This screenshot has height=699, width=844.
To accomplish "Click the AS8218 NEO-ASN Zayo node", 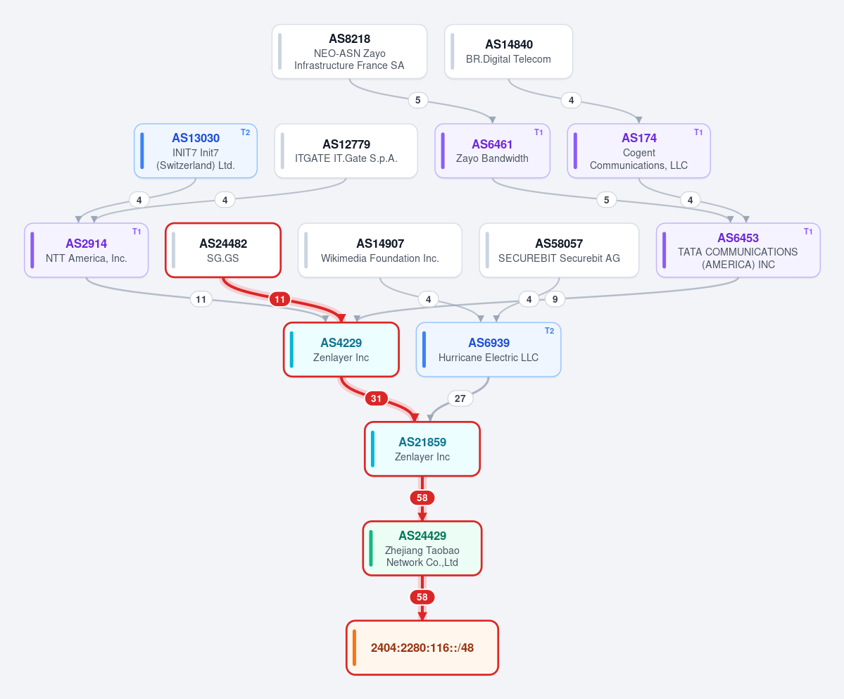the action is pos(349,51).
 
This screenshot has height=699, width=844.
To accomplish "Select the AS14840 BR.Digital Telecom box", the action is pos(509,51).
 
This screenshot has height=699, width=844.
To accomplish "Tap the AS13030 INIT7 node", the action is pos(196,151).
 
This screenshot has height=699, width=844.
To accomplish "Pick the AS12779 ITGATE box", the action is pos(346,151).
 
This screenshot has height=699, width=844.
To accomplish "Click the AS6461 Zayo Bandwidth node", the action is pos(493,151).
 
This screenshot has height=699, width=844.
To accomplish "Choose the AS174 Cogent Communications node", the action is pos(639,151).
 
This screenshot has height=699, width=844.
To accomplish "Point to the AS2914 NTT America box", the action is pos(86,250).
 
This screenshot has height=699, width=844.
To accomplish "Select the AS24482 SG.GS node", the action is pos(223,250).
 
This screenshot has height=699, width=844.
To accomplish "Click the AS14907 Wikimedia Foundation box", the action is pos(380,250).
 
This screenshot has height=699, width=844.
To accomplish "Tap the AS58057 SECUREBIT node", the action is pos(559,250).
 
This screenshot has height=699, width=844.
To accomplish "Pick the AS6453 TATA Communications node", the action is pos(738,250).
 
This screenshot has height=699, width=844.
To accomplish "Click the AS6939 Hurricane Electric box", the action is pos(489,350).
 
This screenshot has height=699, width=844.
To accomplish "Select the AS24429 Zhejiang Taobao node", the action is pos(422,548).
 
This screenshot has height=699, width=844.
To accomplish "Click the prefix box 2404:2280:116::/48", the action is pos(422,648).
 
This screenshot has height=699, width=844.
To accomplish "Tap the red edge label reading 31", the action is pos(377,398).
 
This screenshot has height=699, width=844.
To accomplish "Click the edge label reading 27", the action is pos(460,398).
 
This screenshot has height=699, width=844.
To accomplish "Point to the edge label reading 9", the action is pos(555,299).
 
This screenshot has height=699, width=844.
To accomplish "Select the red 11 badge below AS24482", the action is pos(280,299).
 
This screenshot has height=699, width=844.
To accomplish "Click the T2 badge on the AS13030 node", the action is pos(246,132).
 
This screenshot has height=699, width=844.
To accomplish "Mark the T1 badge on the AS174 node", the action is pos(698,132).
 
